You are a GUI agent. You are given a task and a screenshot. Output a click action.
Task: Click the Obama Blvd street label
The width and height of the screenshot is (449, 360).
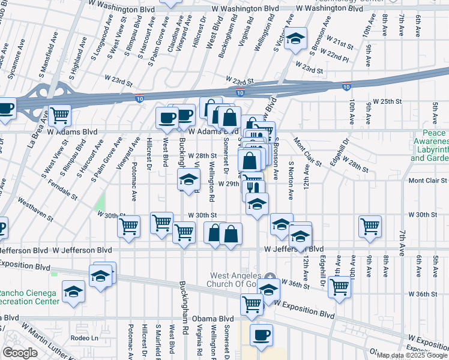[218, 319]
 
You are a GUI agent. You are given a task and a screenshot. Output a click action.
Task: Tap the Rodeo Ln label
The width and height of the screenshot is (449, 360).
[83, 337]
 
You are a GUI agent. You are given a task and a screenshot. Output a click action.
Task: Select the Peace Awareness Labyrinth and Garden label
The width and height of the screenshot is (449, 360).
[430, 145]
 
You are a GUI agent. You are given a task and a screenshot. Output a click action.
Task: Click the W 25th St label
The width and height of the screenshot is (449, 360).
[387, 101]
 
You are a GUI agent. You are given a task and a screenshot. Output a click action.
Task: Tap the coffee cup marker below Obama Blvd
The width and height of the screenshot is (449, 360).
[261, 335]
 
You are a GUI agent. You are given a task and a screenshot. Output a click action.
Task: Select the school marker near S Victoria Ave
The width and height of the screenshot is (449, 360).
[295, 40]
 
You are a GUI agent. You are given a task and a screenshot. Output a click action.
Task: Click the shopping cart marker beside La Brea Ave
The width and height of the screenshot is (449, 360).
[59, 114]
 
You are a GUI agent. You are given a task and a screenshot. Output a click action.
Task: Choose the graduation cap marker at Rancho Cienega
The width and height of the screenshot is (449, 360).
[73, 292]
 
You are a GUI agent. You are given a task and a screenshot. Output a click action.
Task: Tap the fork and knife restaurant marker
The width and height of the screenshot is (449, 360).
[253, 185]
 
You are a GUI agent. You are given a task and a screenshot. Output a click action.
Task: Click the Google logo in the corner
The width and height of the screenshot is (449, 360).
[20, 353]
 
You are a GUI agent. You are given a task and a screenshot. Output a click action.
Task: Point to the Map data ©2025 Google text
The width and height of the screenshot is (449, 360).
[411, 355]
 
